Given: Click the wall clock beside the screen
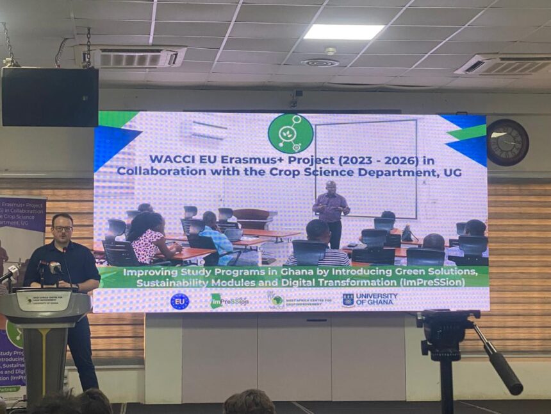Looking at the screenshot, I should pos(507,142).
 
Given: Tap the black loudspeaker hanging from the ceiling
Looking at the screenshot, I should pos(50,97).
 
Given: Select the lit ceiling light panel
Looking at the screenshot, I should pos(344,31).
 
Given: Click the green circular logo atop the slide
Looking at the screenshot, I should pos(290,134).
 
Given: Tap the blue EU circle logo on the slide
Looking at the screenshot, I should pos(179,301).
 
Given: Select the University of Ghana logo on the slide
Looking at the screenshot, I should pos(370,300).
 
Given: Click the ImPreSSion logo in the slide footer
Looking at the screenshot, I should pos(229,301).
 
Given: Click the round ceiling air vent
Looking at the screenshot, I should pos(320,63).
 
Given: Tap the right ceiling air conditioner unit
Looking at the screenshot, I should pos(502,65).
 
